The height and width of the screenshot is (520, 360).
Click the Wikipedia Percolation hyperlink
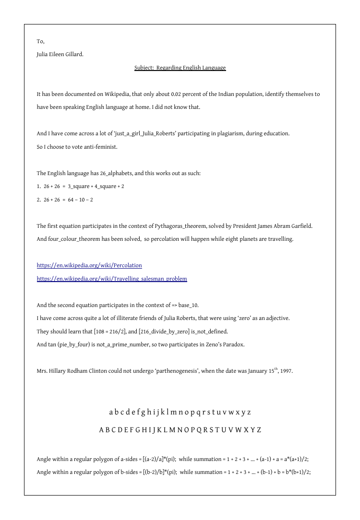point(89,265)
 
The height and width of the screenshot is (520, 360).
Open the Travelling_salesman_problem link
point(112,279)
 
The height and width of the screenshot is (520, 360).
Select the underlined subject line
point(180,68)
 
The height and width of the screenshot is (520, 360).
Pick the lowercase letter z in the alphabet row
point(249,412)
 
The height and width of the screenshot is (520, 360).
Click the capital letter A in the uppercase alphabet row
point(102,430)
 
